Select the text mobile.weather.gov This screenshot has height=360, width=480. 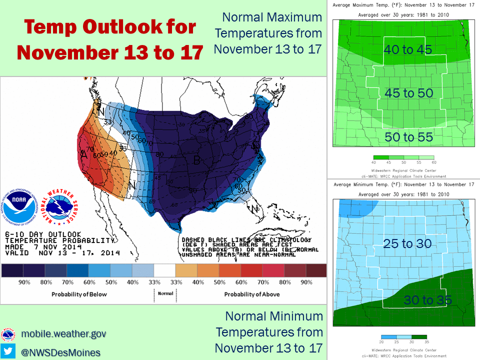click(x=63, y=333)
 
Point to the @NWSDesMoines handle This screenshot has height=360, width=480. click(x=60, y=352)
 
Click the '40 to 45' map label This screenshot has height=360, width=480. click(x=407, y=49)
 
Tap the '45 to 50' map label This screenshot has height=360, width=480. click(x=409, y=93)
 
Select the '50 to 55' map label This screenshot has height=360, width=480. click(x=408, y=136)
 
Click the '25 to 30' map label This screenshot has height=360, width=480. click(x=407, y=243)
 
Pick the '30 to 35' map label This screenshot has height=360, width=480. click(x=428, y=300)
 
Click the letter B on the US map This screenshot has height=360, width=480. click(x=197, y=160)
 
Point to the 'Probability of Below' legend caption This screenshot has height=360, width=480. click(x=79, y=294)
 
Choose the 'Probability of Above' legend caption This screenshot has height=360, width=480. click(x=251, y=294)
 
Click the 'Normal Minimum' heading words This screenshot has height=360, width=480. click(x=274, y=316)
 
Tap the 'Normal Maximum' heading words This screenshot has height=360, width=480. click(x=272, y=17)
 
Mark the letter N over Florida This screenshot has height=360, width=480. click(x=253, y=208)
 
